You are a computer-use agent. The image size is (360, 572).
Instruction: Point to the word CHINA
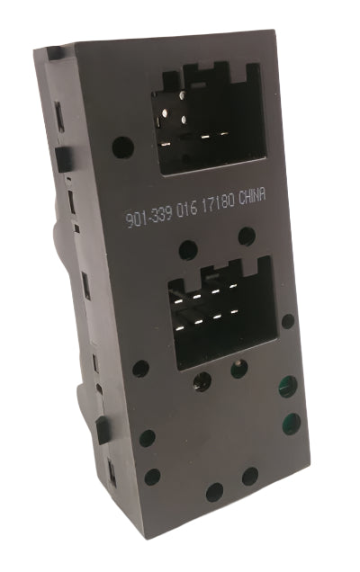tap(252, 197)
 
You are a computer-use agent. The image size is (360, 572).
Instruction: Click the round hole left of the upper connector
tap(122, 147)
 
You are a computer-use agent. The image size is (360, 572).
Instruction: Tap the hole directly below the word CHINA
tap(247, 237)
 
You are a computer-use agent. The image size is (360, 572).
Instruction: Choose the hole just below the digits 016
tap(188, 250)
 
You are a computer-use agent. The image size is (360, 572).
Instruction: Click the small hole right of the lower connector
tap(288, 321)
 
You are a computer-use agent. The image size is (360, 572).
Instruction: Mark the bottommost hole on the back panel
tap(215, 492)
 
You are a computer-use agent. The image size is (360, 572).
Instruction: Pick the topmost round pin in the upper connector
tap(182, 96)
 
